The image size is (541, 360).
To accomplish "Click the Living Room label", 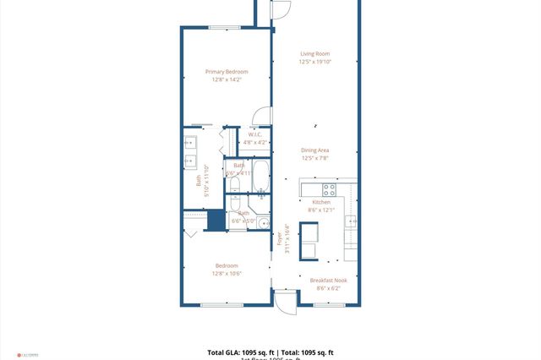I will pyautogui.click(x=314, y=53).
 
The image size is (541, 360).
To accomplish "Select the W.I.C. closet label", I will pyautogui.click(x=255, y=134).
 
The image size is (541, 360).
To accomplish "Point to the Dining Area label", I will pyautogui.click(x=314, y=150).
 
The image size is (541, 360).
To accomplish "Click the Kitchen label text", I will pyautogui.click(x=321, y=202).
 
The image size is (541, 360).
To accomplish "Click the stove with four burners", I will pyautogui.click(x=329, y=188).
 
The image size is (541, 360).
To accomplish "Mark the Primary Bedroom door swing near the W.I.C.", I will pyautogui.click(x=263, y=117).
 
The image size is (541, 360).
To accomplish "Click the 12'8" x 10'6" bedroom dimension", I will pyautogui.click(x=227, y=273).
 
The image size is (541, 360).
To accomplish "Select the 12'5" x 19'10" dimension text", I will pyautogui.click(x=314, y=62).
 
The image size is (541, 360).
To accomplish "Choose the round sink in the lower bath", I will pyautogui.click(x=263, y=224).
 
